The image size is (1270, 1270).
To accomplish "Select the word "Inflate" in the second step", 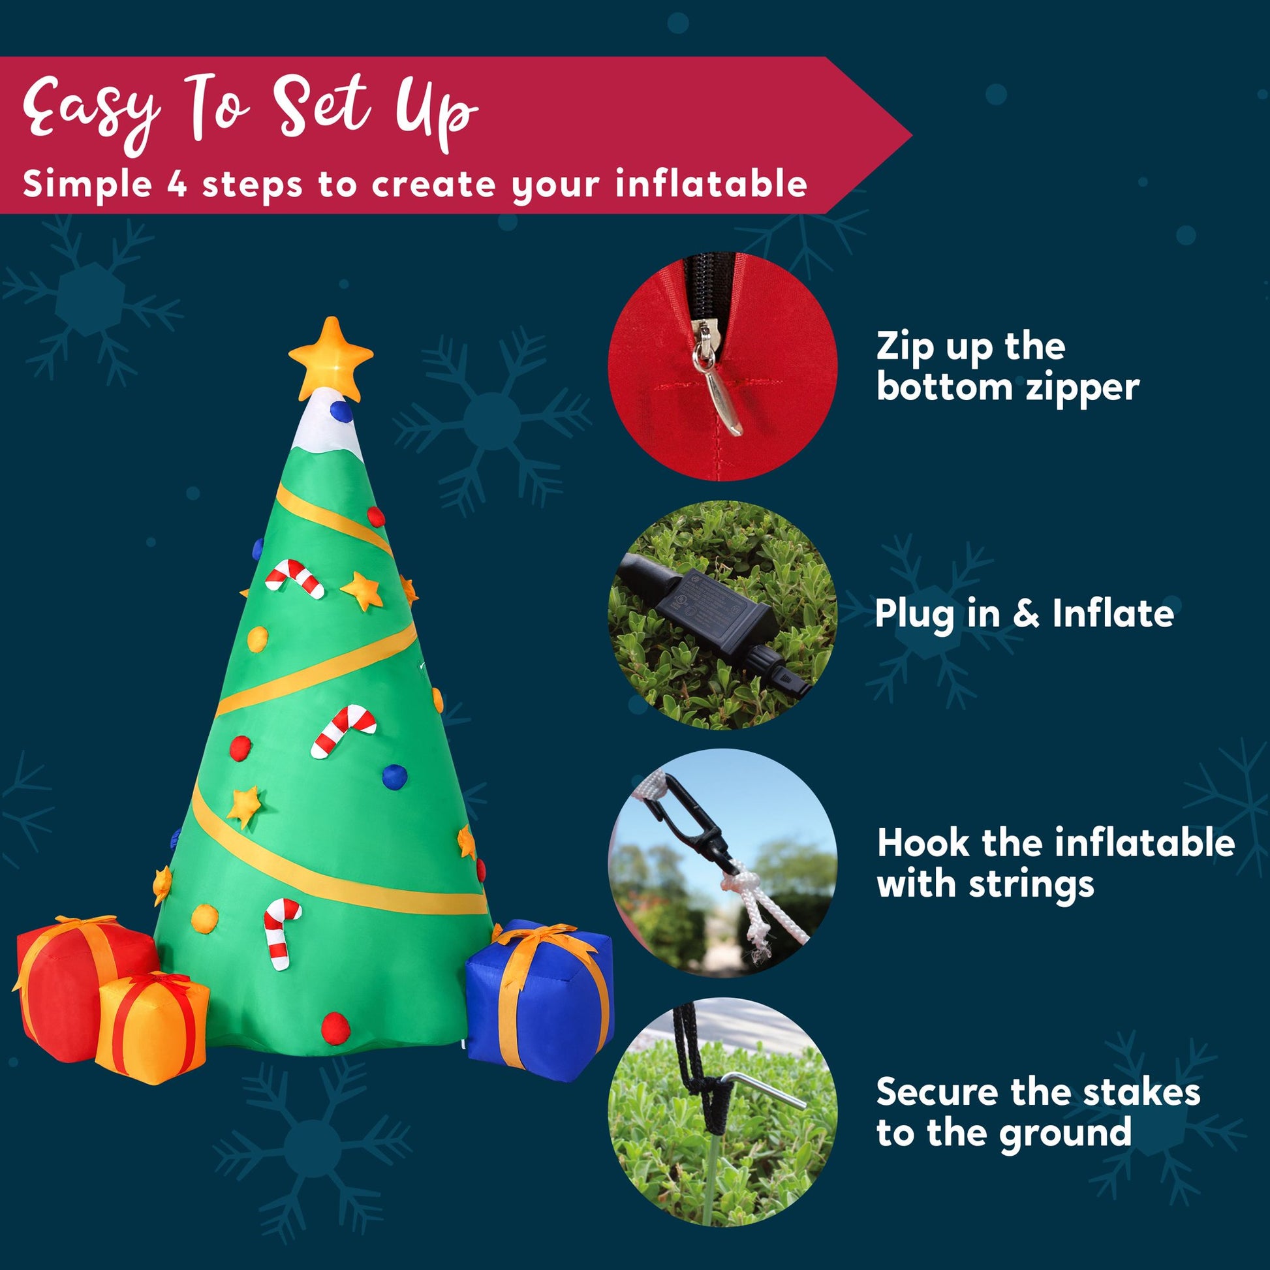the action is [1113, 613].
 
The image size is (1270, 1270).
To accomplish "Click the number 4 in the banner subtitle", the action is [174, 184].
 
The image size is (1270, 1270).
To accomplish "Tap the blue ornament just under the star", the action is [341, 411].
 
